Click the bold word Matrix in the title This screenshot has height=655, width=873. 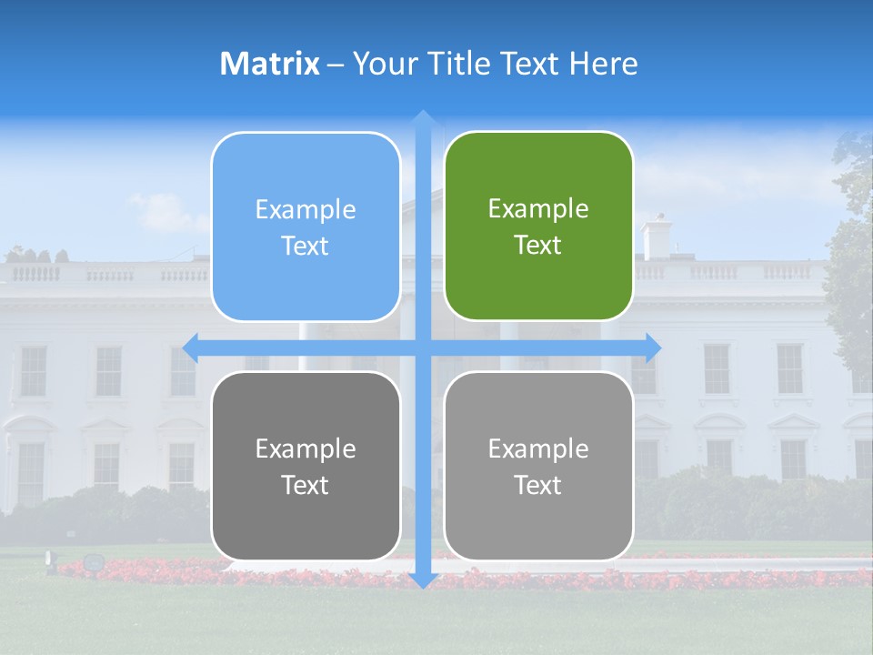point(270,64)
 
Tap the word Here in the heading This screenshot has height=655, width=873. point(604,64)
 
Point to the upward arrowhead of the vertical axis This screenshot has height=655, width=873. point(423,117)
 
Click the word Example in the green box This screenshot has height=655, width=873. point(538,209)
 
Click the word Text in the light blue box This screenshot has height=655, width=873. point(306,247)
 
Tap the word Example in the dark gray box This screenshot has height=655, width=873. point(306,448)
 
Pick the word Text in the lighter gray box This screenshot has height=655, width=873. point(538,486)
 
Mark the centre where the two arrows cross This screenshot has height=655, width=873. point(423,347)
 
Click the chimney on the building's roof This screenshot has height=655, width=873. point(657,237)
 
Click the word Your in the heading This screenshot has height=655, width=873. point(382,64)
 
